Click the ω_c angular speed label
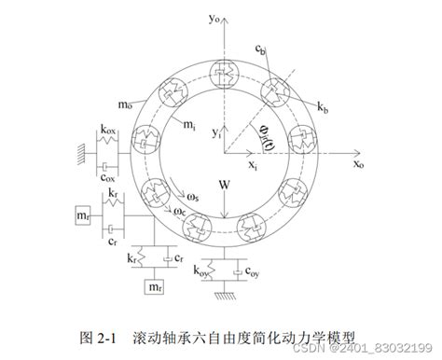pyautogui.click(x=179, y=213)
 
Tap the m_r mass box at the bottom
pyautogui.click(x=155, y=289)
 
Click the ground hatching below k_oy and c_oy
pyautogui.click(x=225, y=298)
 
